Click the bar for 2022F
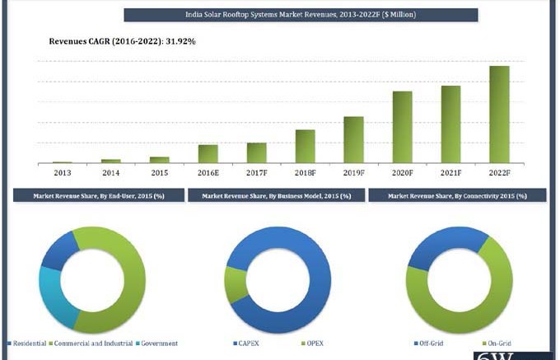click(x=500, y=115)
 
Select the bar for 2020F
click(x=402, y=127)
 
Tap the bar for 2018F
click(x=305, y=146)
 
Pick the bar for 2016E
click(x=208, y=154)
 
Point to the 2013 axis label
click(x=63, y=173)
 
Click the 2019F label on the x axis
click(x=353, y=173)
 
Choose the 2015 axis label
click(x=159, y=173)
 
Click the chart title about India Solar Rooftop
click(x=301, y=15)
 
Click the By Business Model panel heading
click(x=277, y=196)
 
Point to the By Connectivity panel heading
click(x=457, y=196)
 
